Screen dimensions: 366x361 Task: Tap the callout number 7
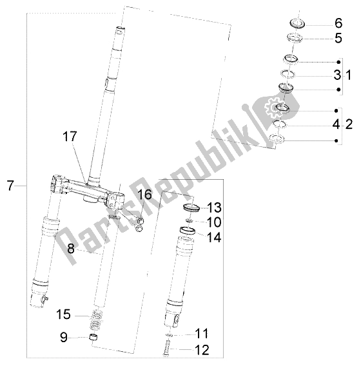tap(10, 186)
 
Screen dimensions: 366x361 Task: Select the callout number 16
tap(144, 194)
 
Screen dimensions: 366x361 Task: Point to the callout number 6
tap(337, 23)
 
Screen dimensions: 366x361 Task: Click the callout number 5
tap(337, 38)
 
